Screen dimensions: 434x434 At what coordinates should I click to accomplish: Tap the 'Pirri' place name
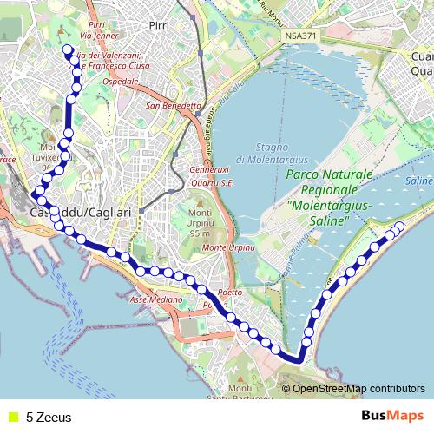pos(159,26)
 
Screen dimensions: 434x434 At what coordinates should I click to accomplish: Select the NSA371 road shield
pos(296,36)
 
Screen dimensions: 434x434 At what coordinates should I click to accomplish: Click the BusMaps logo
pos(392,416)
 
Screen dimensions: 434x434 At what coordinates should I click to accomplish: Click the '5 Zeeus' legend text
pos(49,417)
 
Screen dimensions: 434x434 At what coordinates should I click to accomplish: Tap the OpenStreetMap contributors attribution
pos(358,388)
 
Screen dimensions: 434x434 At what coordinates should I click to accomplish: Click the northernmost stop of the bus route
pos(67,49)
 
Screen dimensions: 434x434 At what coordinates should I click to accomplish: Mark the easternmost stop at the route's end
pos(399,227)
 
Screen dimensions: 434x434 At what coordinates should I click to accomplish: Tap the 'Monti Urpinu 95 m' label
pos(200,223)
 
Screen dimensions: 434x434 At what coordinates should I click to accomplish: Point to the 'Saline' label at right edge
pos(418,180)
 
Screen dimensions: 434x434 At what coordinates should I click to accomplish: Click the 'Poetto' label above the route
pos(231,292)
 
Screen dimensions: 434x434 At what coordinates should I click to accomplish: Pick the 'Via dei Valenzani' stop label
pos(110,56)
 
